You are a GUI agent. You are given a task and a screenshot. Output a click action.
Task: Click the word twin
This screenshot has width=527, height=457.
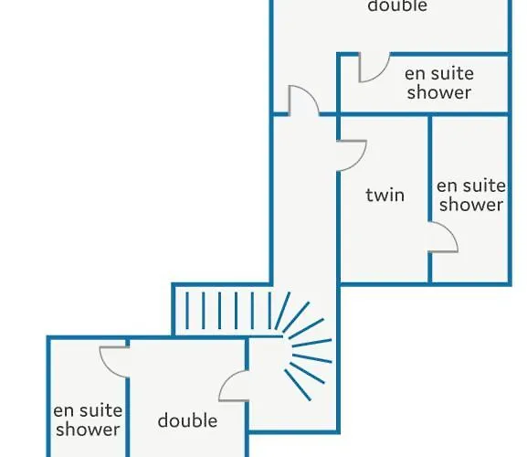[x=385, y=195]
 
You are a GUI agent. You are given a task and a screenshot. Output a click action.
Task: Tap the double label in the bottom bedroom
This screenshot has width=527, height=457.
[x=187, y=420]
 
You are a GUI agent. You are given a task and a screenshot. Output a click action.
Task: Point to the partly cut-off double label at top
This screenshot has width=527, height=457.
[x=397, y=5]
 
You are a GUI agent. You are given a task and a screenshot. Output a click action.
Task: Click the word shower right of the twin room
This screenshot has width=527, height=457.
[x=471, y=204]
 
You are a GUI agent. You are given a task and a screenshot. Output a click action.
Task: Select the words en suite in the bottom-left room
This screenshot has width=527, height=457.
[x=88, y=410]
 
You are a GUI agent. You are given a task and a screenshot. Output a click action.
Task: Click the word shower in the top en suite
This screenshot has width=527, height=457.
[x=439, y=91]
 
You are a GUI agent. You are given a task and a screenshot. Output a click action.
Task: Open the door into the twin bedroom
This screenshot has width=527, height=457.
[x=352, y=155]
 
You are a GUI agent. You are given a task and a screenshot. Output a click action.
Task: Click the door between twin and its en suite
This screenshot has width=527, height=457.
[x=443, y=237]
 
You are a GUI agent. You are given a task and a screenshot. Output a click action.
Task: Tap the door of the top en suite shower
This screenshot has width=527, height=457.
[x=374, y=68]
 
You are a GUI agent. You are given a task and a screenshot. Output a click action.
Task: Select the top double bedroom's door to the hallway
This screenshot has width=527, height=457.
[x=303, y=101]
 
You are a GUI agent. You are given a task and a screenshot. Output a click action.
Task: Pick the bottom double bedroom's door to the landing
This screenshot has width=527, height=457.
[x=234, y=386]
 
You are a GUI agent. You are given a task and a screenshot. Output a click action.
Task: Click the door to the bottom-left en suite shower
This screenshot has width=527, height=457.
[x=114, y=362]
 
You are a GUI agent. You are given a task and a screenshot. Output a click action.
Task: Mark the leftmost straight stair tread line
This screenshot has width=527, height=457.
[x=187, y=311]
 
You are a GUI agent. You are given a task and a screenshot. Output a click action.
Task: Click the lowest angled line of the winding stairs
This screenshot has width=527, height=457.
[x=297, y=385]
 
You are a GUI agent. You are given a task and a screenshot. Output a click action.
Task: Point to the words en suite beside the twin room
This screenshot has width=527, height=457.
[x=471, y=186]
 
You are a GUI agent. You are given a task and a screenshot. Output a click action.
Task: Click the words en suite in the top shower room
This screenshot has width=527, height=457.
[x=439, y=74]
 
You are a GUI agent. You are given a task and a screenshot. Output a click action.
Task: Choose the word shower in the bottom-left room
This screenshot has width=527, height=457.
[x=88, y=429]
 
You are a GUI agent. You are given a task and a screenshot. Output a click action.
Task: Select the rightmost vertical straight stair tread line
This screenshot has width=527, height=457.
[x=269, y=311]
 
